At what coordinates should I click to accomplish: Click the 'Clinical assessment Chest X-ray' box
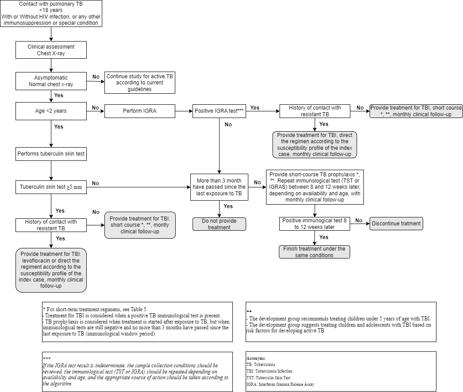pos(51,50)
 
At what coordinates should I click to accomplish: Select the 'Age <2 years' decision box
pos(51,110)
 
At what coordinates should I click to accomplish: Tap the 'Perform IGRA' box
pos(140,110)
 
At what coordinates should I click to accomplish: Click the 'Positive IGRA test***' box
pos(219,110)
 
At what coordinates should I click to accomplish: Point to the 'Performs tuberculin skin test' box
pos(51,154)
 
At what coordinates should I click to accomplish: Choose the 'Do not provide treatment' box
pos(219,224)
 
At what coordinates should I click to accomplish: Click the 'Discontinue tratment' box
pos(396,224)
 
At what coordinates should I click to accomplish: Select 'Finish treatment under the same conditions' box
pos(314,252)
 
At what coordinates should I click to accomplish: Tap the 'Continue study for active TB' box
pos(140,83)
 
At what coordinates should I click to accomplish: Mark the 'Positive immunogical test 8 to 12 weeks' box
pos(314,224)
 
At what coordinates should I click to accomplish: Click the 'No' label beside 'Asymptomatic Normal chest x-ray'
pos(96,77)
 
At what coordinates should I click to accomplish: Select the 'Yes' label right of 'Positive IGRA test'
pos(255,107)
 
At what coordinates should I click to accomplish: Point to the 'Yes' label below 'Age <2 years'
pos(58,127)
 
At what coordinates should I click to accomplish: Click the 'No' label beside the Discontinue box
pos(359,221)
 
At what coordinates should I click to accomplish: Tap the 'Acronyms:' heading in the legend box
pos(256,358)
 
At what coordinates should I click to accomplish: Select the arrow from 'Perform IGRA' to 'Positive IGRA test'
pos(184,110)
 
